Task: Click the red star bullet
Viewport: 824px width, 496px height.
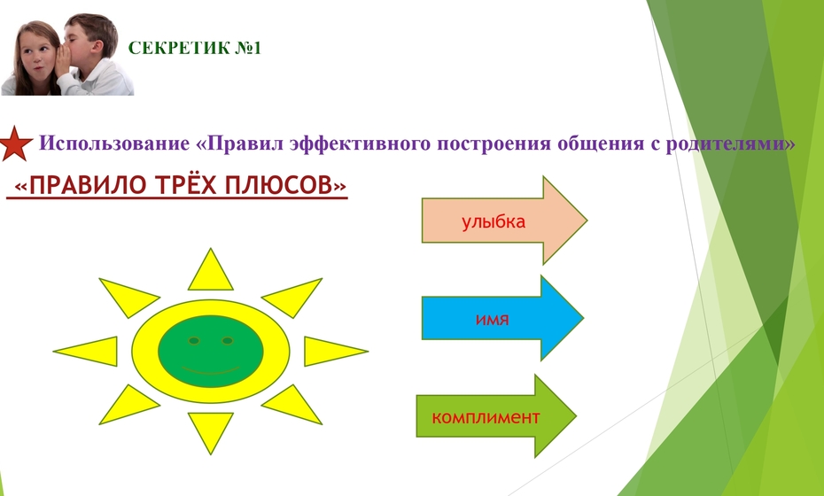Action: pyautogui.click(x=15, y=143)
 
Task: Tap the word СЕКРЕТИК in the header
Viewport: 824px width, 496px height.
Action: pyautogui.click(x=179, y=49)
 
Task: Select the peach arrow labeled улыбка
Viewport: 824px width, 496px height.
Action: pyautogui.click(x=504, y=221)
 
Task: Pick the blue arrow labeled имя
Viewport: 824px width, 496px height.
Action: pyautogui.click(x=502, y=318)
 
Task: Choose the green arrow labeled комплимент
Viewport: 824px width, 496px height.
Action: pyautogui.click(x=496, y=416)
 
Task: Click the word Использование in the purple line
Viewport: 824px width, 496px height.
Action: pyautogui.click(x=114, y=143)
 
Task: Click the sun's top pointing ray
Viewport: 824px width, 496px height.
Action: pyautogui.click(x=210, y=270)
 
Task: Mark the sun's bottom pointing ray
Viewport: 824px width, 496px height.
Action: pyautogui.click(x=210, y=433)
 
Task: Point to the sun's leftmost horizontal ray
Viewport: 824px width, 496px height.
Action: pyautogui.click(x=86, y=352)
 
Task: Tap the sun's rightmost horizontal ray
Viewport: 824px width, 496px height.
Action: pyautogui.click(x=336, y=352)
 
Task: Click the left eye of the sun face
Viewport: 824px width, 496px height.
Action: pyautogui.click(x=194, y=341)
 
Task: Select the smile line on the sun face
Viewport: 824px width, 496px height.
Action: pyautogui.click(x=210, y=370)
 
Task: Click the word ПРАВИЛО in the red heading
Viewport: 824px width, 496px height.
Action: pyautogui.click(x=87, y=185)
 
